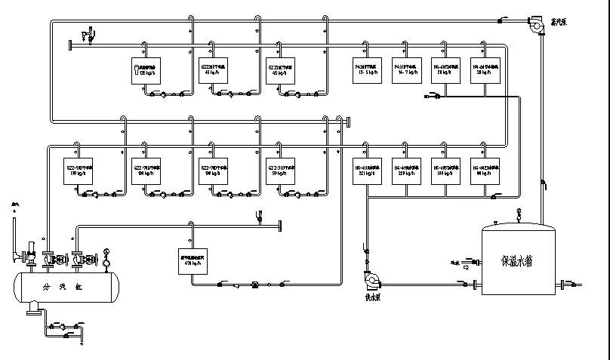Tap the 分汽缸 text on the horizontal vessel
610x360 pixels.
tap(61, 288)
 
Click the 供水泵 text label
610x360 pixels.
tap(371, 297)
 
